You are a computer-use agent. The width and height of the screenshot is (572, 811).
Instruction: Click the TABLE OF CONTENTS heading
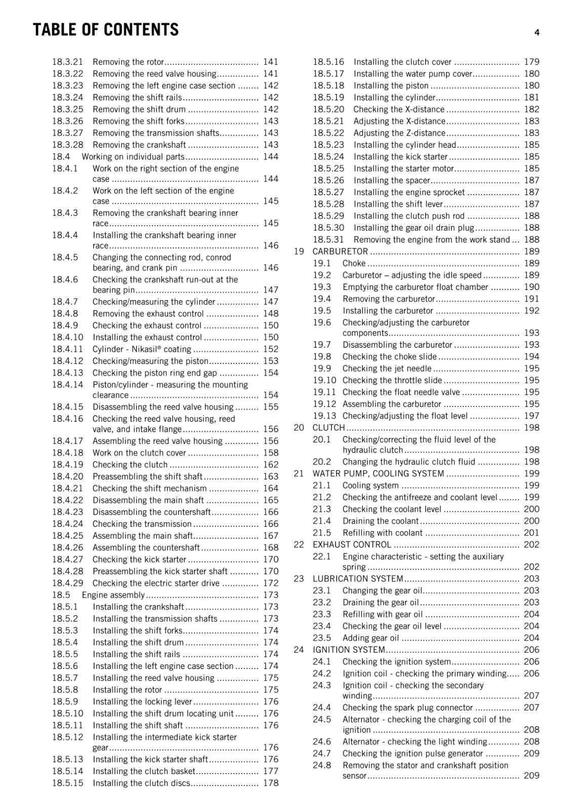106,30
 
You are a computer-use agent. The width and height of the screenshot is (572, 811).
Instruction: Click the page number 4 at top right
537,32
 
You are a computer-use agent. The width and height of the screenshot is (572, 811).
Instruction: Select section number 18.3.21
67,62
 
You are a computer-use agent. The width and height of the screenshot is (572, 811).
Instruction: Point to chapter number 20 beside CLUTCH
299,428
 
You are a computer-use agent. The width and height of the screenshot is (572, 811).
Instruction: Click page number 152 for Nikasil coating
271,349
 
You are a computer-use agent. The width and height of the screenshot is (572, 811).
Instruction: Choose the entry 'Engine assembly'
113,595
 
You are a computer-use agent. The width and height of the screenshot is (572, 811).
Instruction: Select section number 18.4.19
67,465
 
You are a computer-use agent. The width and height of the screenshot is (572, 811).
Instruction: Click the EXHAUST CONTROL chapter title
352,545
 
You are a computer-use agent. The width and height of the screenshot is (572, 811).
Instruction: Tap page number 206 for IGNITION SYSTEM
532,650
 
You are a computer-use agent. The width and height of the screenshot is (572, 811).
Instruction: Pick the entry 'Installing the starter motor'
403,169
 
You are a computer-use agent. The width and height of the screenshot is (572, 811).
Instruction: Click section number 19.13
324,416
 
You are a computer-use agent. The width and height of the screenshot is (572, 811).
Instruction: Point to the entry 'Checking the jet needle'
387,369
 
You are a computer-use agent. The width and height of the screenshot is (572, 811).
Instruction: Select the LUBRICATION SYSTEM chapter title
358,579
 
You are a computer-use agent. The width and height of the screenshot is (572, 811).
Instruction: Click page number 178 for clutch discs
271,783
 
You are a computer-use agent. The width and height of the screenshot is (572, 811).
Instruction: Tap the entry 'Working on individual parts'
133,157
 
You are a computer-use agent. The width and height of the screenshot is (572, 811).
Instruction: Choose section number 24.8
321,765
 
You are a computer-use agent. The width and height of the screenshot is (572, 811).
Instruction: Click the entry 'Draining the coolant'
380,521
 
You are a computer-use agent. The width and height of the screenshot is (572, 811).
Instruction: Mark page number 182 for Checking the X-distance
532,109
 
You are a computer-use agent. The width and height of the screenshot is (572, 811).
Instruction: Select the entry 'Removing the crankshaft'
139,145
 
